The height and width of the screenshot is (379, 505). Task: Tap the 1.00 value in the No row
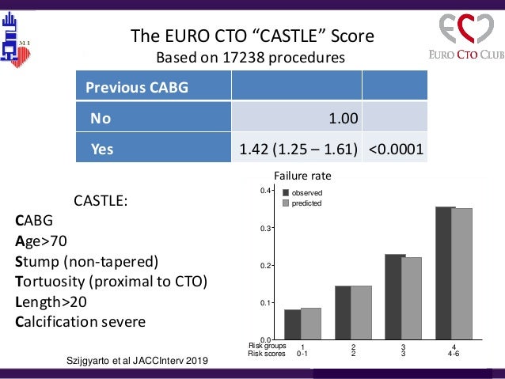pyautogui.click(x=344, y=119)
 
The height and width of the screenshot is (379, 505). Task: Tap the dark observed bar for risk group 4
pyautogui.click(x=445, y=273)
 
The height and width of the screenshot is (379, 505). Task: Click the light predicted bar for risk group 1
pyautogui.click(x=311, y=324)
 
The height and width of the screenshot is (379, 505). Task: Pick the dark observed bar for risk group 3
pyautogui.click(x=395, y=297)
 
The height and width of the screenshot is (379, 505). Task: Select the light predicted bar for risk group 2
pyautogui.click(x=361, y=313)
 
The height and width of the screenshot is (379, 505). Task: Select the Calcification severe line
pyautogui.click(x=81, y=323)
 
